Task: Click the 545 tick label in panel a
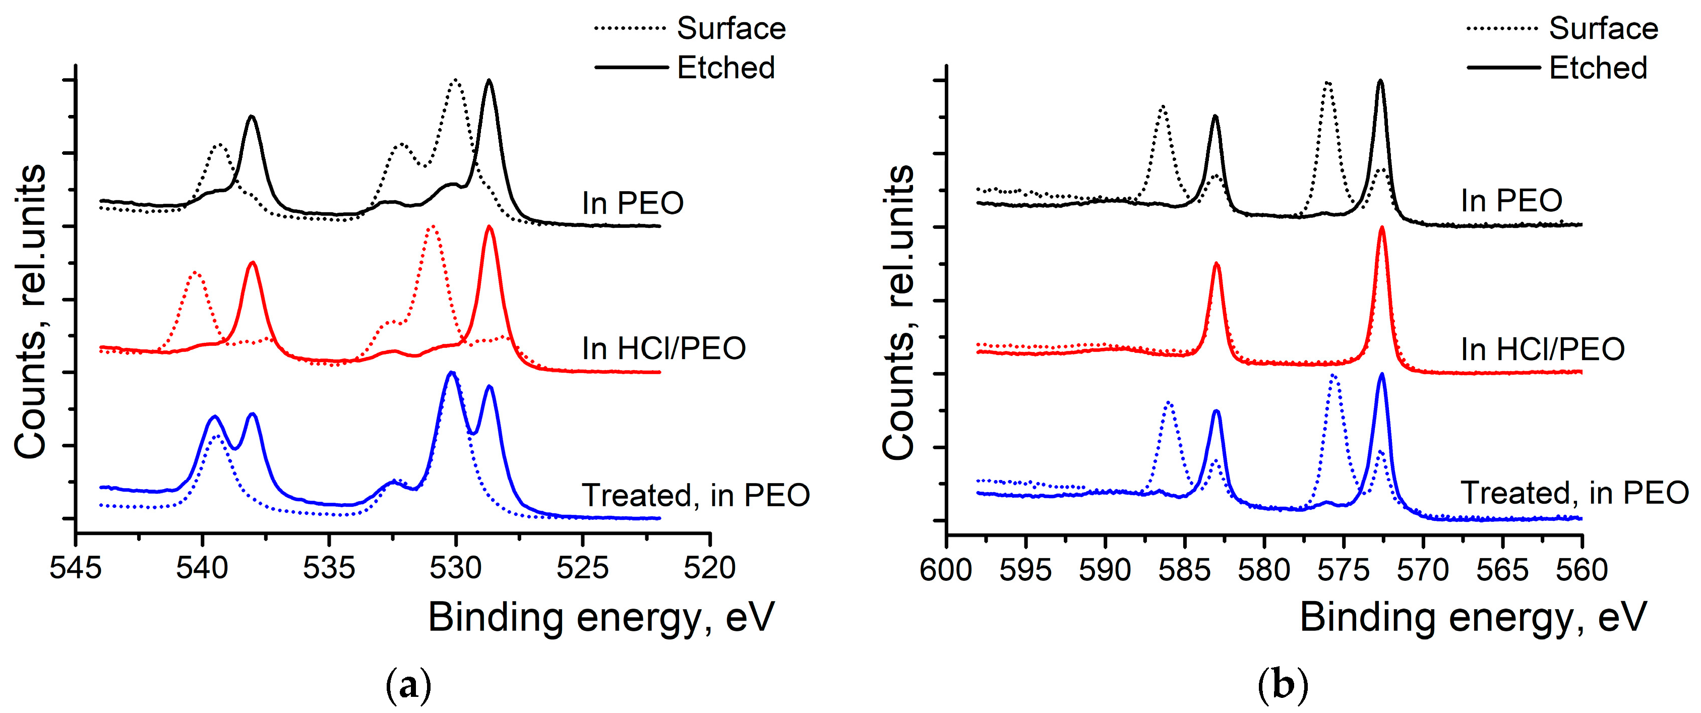pyautogui.click(x=76, y=568)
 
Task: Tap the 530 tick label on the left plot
pyautogui.click(x=456, y=568)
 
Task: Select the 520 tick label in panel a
pyautogui.click(x=710, y=568)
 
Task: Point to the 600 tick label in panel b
pyautogui.click(x=946, y=570)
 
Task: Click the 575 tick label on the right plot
pyautogui.click(x=1343, y=570)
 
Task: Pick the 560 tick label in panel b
pyautogui.click(x=1582, y=570)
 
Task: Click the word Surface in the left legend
pyautogui.click(x=731, y=28)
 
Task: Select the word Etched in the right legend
pyautogui.click(x=1598, y=68)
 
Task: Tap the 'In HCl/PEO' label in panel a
pyautogui.click(x=663, y=348)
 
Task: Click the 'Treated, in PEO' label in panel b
pyautogui.click(x=1574, y=493)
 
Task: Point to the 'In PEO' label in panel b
pyautogui.click(x=1511, y=201)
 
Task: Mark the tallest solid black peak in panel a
pyautogui.click(x=489, y=81)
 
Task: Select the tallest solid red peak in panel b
pyautogui.click(x=1382, y=228)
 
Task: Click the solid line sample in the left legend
pyautogui.click(x=631, y=68)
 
